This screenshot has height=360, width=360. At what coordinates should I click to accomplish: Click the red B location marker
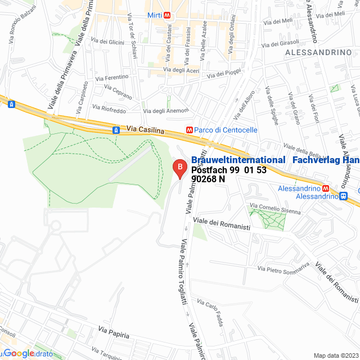[x=179, y=168]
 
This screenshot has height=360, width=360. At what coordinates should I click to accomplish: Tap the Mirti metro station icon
[x=168, y=16]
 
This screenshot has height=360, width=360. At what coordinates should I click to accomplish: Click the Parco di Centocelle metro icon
[x=190, y=130]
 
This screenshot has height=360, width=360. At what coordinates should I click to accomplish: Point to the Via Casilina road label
[x=145, y=130]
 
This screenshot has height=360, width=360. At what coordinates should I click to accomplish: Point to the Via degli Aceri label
[x=181, y=70]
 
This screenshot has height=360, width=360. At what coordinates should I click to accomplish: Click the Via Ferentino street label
[x=112, y=77]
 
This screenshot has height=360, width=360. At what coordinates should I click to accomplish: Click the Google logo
[x=20, y=353]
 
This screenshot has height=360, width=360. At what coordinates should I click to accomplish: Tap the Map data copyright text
[x=335, y=355]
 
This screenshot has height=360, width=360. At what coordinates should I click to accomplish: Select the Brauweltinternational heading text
[x=238, y=160]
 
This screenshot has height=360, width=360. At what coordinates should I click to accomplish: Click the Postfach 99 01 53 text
[x=228, y=170]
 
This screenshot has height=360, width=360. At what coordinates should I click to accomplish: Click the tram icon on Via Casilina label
[x=116, y=130]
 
